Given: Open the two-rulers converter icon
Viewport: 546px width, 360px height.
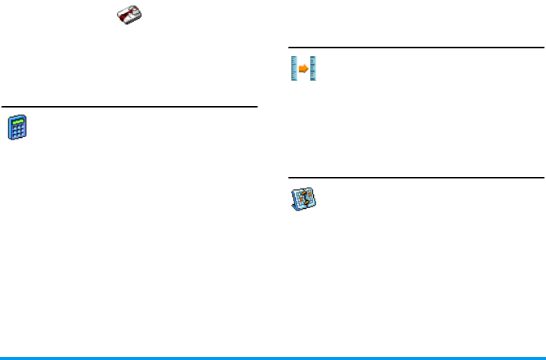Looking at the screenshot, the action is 303,69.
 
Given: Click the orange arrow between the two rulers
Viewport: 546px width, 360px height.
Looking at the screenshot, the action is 303,69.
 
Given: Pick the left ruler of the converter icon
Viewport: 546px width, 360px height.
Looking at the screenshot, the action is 294,69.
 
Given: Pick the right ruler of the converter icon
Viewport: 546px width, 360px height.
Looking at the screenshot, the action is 312,69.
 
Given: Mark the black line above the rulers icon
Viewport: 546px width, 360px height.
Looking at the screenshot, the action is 416,48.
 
